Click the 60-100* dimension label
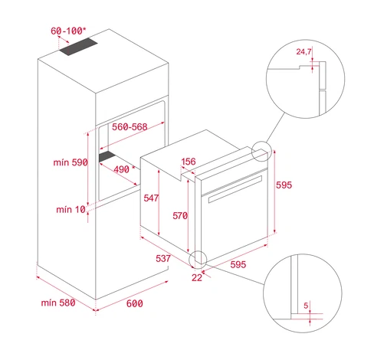[68, 31]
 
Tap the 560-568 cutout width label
[130, 127]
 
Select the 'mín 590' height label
[71, 162]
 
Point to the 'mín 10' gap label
[71, 210]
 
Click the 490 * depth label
[124, 169]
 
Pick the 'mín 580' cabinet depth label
[58, 303]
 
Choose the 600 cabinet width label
[135, 303]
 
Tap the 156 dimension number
[189, 162]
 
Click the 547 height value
[151, 198]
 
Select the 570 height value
[180, 216]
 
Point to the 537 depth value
[163, 258]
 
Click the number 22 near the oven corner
[197, 277]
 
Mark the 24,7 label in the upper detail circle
[303, 52]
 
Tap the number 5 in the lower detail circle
[306, 306]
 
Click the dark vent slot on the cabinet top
[78, 47]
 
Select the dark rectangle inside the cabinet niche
[107, 156]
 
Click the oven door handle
[235, 189]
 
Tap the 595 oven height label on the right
[284, 185]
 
